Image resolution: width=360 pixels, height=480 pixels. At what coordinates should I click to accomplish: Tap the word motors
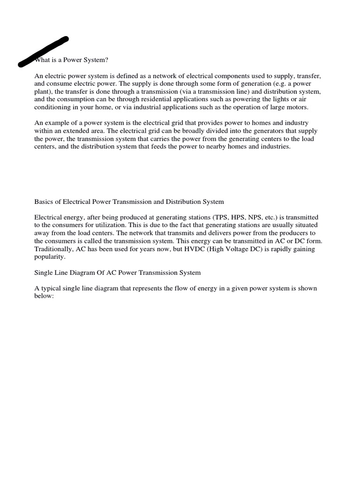pos(297,107)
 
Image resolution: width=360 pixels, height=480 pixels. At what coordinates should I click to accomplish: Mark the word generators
pos(271,131)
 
